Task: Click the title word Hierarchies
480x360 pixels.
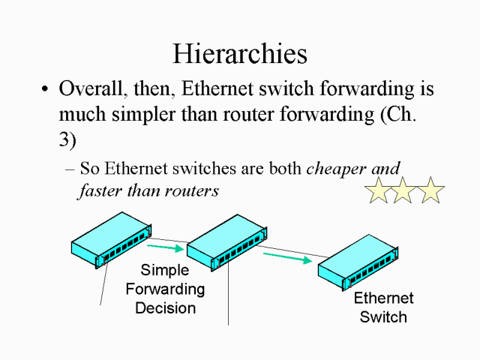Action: tap(240, 53)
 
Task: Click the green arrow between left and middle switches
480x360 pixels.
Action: tap(165, 246)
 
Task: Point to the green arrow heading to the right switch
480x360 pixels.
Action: tap(287, 258)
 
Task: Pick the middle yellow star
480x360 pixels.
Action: tap(403, 190)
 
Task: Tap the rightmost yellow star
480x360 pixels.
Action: tap(430, 190)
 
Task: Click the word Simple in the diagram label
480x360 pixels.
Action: tap(165, 270)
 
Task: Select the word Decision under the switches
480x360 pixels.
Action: tap(165, 307)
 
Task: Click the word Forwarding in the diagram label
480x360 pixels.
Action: tap(165, 289)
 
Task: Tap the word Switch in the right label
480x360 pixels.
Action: tap(383, 316)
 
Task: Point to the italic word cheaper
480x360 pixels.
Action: tap(353, 168)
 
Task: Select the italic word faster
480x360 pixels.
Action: tap(99, 190)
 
